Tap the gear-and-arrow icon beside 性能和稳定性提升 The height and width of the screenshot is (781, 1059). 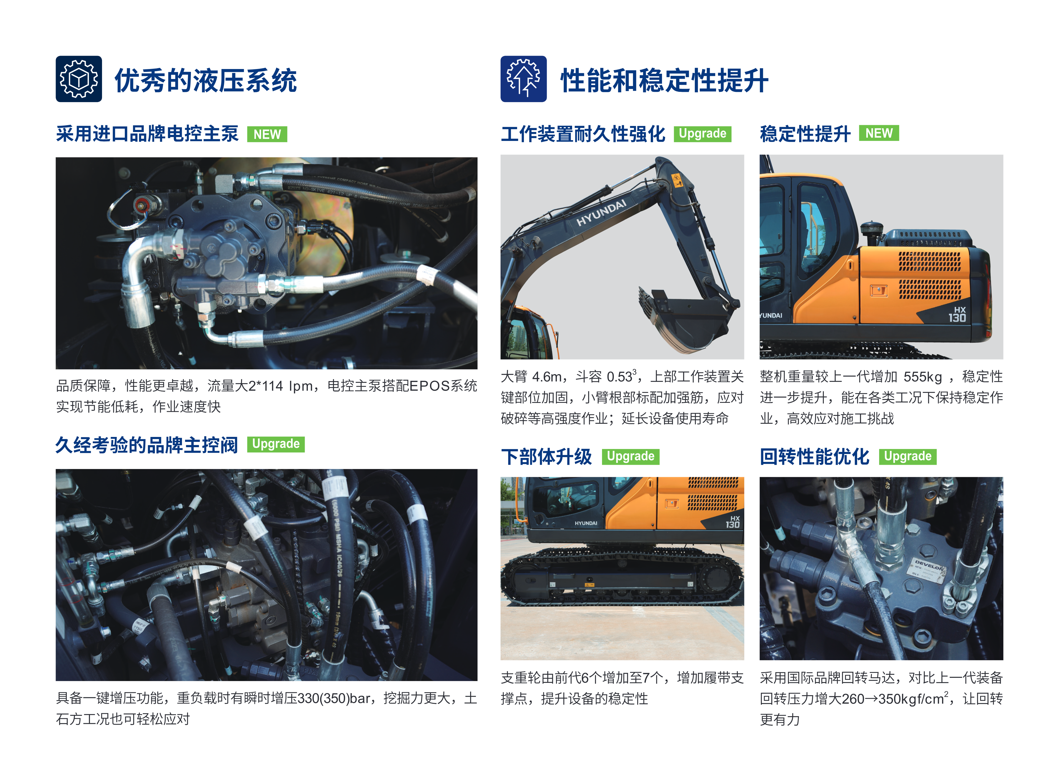[523, 79]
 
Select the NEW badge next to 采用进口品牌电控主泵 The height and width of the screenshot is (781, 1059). [267, 134]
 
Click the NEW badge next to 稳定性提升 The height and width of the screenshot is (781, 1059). [879, 133]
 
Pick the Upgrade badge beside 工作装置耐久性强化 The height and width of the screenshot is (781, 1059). [702, 134]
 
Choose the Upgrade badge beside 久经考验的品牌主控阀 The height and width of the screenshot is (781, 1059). [276, 444]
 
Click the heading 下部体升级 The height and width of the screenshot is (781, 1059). [546, 457]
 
